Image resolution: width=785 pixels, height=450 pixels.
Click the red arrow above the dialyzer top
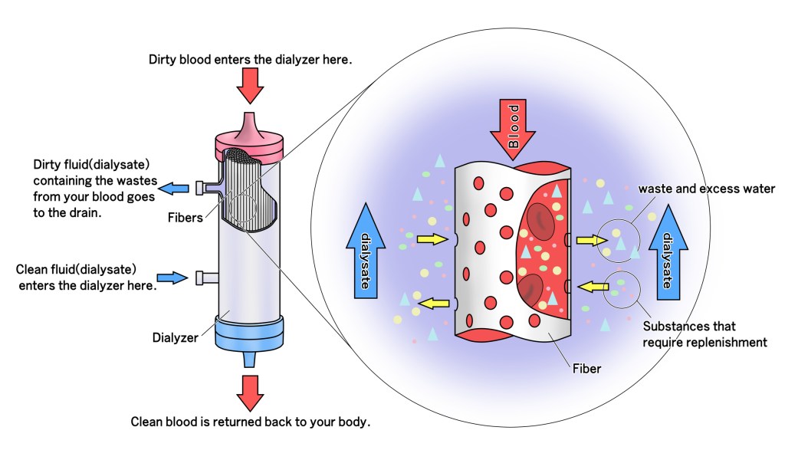pos(250,85)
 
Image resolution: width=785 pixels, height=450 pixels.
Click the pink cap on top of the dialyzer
pos(249,139)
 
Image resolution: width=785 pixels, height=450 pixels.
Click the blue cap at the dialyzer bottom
pos(250,333)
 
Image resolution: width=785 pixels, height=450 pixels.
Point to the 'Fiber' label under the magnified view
pos(587,369)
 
